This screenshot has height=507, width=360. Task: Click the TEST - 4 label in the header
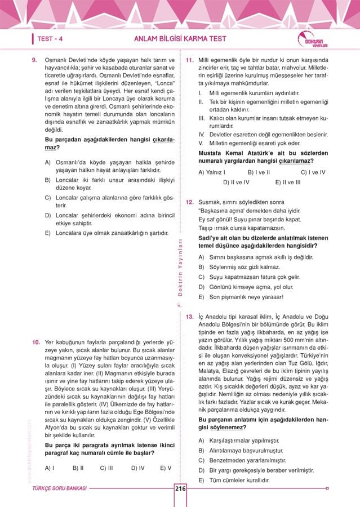(x=50, y=39)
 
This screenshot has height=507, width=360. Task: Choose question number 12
(x=190, y=202)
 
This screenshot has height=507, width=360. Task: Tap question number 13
(x=190, y=317)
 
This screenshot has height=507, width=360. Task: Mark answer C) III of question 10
(x=106, y=468)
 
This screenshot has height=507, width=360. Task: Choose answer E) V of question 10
(x=166, y=468)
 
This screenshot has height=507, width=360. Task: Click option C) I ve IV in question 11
(x=313, y=172)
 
